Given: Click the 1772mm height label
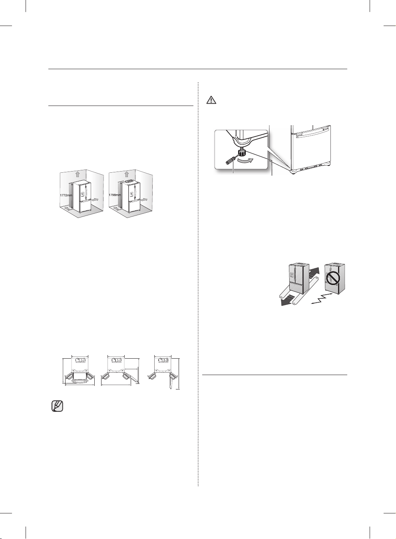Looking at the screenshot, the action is [66, 196].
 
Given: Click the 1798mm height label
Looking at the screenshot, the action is [115, 195].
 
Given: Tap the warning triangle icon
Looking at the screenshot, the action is [211, 100].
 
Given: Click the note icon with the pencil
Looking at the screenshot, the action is [57, 406].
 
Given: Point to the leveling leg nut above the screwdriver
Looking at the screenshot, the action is [241, 152].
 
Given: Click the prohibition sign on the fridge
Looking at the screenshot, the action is [333, 279].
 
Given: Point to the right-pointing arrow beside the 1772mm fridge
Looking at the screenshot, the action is [95, 200].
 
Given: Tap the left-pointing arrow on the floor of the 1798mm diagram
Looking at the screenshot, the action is [117, 208].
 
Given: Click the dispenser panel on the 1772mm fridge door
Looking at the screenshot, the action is [82, 194].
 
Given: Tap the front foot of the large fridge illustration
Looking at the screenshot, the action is [293, 172].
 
